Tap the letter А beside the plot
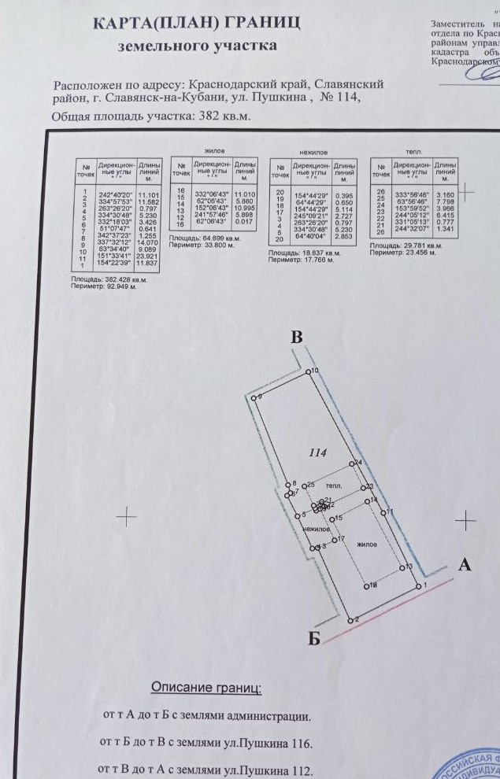(x=465, y=564)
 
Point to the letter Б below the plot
(x=314, y=639)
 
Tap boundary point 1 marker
(x=417, y=586)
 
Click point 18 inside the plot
(x=366, y=585)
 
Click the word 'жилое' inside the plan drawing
(x=366, y=544)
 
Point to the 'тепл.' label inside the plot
(x=334, y=487)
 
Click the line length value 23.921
(x=147, y=257)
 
